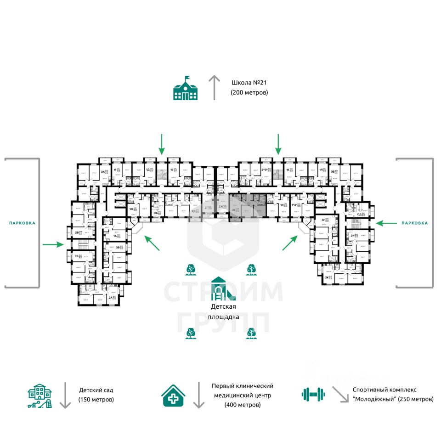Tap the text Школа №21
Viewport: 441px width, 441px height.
[249, 83]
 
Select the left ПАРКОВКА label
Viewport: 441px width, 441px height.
[22, 223]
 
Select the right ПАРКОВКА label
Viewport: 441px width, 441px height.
[414, 223]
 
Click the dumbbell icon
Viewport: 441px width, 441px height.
[313, 394]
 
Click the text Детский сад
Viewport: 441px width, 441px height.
[96, 390]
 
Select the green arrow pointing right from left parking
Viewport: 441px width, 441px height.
[53, 245]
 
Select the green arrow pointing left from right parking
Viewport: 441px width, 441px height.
[386, 223]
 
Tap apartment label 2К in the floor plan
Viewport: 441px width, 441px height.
[327, 277]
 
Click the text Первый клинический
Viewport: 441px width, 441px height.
[243, 386]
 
